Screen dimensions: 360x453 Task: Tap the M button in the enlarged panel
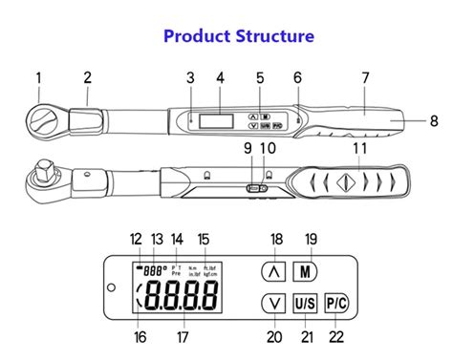[305, 271]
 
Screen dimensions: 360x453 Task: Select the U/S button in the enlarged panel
[305, 303]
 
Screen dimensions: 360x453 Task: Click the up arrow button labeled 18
[273, 271]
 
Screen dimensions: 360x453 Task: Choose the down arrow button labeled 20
[273, 303]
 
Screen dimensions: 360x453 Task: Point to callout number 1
[39, 77]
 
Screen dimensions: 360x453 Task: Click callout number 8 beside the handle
[433, 120]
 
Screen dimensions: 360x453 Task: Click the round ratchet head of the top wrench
[44, 118]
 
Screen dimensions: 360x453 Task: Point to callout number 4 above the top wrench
[220, 77]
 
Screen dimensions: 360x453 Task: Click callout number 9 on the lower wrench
[247, 148]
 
